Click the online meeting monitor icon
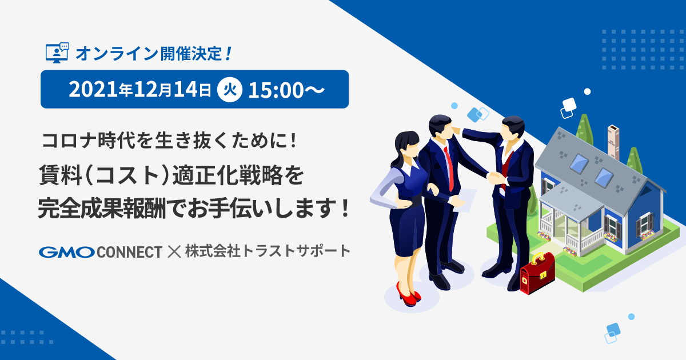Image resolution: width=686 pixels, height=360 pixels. click(57, 53)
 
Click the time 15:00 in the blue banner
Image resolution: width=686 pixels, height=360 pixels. click(276, 90)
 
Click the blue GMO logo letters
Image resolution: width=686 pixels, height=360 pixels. click(67, 252)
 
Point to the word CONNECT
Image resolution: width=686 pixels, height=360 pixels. click(130, 252)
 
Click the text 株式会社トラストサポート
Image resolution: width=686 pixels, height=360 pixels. click(268, 251)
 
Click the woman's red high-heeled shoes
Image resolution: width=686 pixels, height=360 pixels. click(409, 295)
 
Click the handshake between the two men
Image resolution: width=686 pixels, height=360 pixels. click(494, 178)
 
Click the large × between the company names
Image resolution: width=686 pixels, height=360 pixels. click(174, 251)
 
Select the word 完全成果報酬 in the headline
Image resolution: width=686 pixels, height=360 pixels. click(102, 208)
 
